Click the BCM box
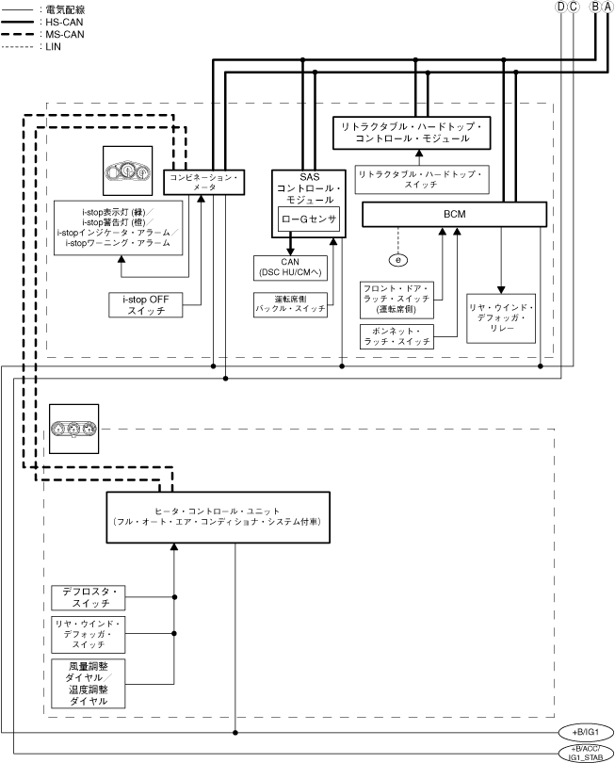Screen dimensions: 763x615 pos(455,215)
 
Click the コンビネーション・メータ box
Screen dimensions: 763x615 pos(204,182)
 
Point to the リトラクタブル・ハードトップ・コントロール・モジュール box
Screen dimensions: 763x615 pos(413,133)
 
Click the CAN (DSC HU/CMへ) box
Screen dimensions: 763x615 pos(289,268)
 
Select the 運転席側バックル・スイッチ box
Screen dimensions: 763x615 pos(290,304)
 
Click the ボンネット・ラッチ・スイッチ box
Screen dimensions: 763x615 pos(397,336)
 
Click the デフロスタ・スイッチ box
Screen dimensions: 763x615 pos(87,596)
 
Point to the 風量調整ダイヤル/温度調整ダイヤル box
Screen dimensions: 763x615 pos(87,685)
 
